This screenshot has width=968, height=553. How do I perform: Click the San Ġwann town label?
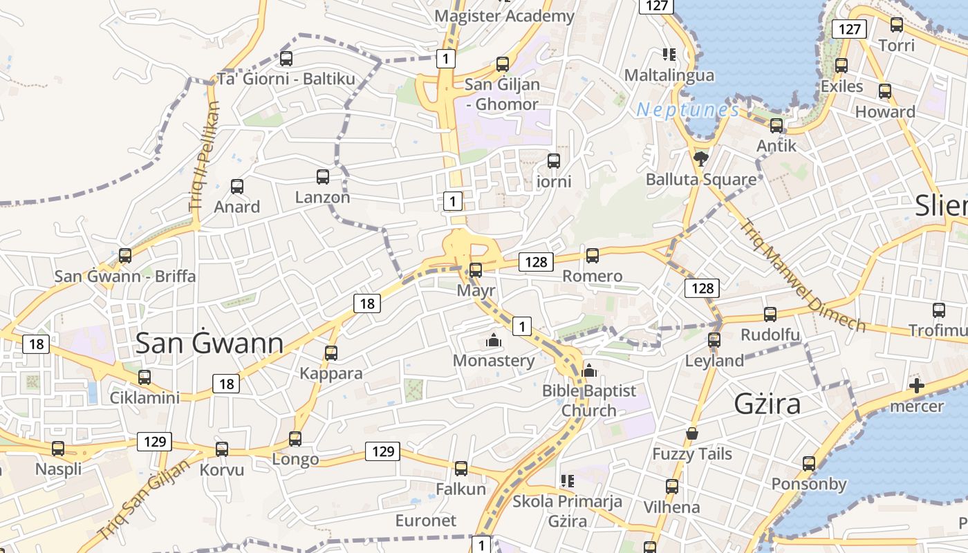tap(209, 344)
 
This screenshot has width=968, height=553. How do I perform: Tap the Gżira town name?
tap(767, 404)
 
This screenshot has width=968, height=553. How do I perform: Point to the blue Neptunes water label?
tap(687, 110)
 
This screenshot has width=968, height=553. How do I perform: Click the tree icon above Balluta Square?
tap(701, 159)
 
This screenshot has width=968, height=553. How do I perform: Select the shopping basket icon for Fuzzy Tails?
tap(692, 433)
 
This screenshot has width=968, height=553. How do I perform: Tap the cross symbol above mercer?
tap(917, 386)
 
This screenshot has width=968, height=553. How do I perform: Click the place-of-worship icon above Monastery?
tap(494, 340)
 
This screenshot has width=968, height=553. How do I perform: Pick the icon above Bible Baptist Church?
tap(589, 371)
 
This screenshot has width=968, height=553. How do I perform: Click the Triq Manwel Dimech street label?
tap(802, 274)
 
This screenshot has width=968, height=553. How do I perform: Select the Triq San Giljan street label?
tap(144, 500)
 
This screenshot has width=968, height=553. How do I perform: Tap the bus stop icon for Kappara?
tap(331, 353)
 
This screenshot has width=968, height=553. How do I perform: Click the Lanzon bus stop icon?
tap(323, 177)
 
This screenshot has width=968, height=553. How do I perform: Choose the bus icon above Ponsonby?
tap(809, 464)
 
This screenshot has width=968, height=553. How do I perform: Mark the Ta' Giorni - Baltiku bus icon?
tap(286, 59)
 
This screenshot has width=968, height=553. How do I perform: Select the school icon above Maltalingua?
tap(669, 54)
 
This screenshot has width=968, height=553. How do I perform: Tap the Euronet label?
tap(426, 521)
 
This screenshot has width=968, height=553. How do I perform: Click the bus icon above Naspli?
tap(58, 449)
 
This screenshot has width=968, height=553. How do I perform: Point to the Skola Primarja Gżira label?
tap(567, 511)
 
